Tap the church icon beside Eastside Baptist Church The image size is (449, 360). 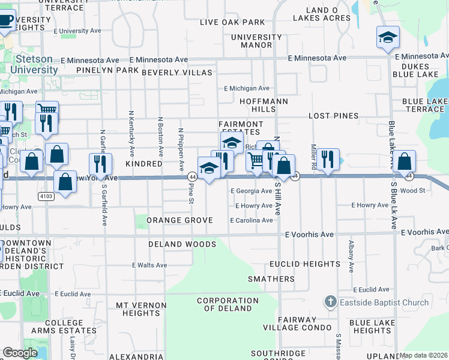(329, 302)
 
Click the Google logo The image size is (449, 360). (20, 353)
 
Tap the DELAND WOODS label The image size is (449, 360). (182, 245)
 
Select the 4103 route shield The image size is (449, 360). (46, 196)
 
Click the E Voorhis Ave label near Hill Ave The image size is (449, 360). (309, 234)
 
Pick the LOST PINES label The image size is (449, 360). (333, 116)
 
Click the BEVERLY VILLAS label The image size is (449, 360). (177, 73)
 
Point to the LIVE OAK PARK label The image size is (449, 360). (232, 23)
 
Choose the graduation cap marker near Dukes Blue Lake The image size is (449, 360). (388, 38)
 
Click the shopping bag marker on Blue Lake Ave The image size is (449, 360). (405, 161)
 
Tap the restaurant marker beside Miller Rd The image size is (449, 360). (327, 160)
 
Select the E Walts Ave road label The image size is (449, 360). (149, 265)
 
